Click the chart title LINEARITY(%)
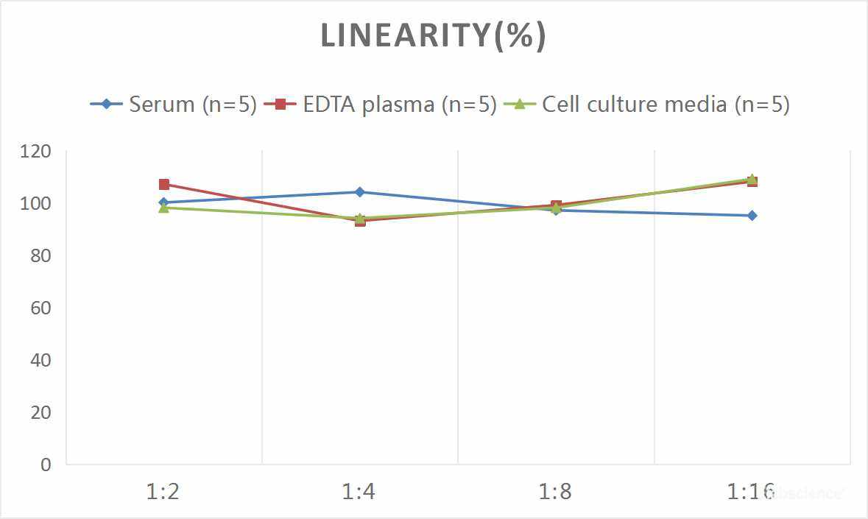pos(433,36)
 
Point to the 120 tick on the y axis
pos(36,151)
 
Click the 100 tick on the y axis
pos(36,203)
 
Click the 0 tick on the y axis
pos(46,465)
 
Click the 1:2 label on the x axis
pos(163,491)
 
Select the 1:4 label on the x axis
pos(359,491)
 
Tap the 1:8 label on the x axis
pos(556,491)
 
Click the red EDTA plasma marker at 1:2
pos(163,184)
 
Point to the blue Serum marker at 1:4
pos(359,192)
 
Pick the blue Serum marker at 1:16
pos(752,216)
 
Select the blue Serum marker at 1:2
pos(163,202)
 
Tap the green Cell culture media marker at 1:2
pos(163,208)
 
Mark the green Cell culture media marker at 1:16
pos(752,179)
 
